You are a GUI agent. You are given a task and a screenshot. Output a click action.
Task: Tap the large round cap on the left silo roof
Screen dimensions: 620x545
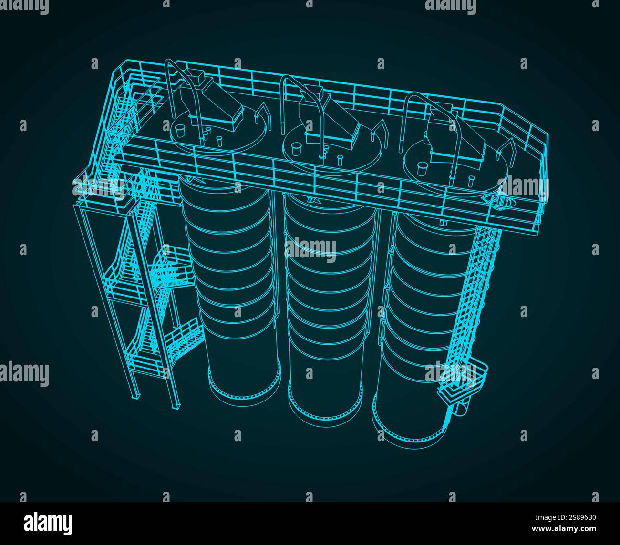pos(180,129)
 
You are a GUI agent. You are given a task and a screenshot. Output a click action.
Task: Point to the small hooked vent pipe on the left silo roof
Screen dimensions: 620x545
pos(261,114)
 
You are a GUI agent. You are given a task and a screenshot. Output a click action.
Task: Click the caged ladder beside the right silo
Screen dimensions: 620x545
pos(470,291)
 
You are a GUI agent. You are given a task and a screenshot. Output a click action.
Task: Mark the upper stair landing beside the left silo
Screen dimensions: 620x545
pos(172,272)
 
